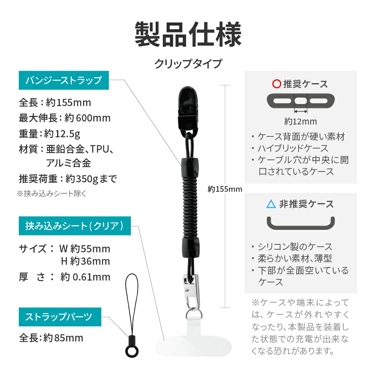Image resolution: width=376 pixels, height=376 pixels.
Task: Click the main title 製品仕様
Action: (x=188, y=35)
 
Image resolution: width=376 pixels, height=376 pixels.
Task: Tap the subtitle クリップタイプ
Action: (x=188, y=63)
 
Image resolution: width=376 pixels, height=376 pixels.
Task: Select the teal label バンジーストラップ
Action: (x=64, y=80)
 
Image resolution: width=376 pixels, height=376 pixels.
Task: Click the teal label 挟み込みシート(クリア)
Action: (x=74, y=226)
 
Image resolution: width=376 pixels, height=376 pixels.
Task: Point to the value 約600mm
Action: (x=88, y=118)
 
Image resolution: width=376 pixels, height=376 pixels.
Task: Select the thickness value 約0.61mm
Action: (x=85, y=277)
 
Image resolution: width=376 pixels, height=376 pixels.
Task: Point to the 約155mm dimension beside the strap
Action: (x=224, y=189)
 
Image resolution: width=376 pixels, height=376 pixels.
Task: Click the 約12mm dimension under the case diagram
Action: (x=300, y=121)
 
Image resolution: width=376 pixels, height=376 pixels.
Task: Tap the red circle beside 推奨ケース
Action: (x=276, y=84)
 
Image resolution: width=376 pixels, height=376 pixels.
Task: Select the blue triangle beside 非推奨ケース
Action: (x=271, y=204)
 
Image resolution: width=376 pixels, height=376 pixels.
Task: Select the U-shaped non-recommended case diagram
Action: (x=300, y=223)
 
